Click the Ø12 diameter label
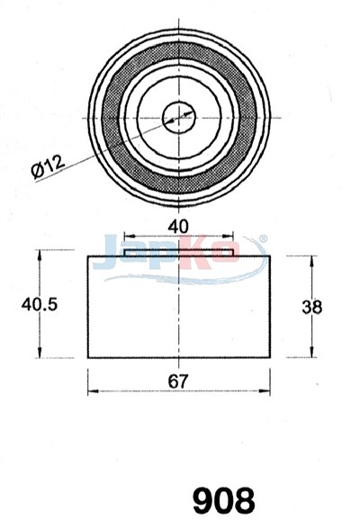coord(48,166)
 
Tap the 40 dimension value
coord(178,227)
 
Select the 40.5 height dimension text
coord(40,304)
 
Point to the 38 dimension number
coord(312,307)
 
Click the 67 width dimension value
coord(178,381)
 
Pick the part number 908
coord(223,500)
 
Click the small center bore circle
coord(179,117)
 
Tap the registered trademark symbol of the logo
coord(263,238)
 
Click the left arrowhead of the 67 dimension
coord(93,391)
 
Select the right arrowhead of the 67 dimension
coord(265,391)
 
